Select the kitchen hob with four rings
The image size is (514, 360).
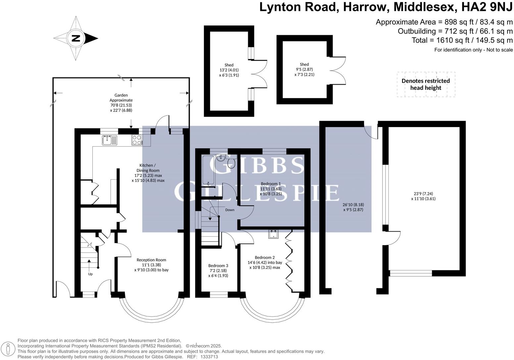(x=137, y=140)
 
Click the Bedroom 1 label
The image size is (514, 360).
(x=271, y=184)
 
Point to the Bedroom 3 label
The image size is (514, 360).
(x=218, y=265)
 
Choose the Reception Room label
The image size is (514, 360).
(x=151, y=260)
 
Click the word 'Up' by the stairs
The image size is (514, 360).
(x=90, y=274)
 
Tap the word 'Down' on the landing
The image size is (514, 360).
(x=230, y=210)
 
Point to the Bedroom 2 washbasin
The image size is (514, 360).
(x=274, y=234)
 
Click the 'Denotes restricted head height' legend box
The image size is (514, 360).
(x=426, y=84)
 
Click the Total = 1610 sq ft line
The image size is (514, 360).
(x=462, y=40)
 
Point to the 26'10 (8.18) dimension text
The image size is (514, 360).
(x=353, y=204)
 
